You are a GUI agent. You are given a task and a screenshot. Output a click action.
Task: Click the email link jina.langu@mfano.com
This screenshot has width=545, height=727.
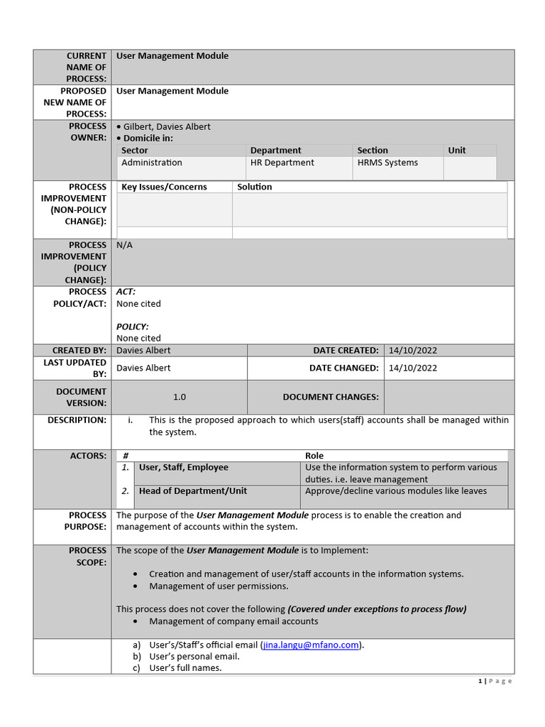click(x=311, y=645)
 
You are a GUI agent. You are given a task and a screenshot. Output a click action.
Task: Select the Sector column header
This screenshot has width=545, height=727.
click(x=135, y=151)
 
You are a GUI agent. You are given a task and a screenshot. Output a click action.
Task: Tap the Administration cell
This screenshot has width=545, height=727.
click(x=152, y=163)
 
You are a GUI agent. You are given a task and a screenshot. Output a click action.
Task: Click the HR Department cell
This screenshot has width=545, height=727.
click(x=282, y=163)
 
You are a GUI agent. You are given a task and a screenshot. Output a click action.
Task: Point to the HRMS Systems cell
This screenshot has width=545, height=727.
click(x=387, y=163)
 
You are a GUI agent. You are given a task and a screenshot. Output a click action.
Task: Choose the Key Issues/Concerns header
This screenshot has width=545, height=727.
click(x=165, y=187)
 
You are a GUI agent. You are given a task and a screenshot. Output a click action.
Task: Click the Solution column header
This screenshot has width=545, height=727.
click(x=255, y=187)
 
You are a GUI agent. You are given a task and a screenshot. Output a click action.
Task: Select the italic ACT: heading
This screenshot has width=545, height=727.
click(x=126, y=292)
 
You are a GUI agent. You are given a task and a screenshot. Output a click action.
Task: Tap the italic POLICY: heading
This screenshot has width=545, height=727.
click(x=133, y=327)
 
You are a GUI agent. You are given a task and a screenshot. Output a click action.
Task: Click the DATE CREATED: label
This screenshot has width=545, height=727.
click(x=346, y=350)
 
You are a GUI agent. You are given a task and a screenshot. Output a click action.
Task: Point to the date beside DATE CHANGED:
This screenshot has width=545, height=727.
click(x=412, y=368)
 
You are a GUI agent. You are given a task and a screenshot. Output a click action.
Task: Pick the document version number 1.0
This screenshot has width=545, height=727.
click(x=180, y=397)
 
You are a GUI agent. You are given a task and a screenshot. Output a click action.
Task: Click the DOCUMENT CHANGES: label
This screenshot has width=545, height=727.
click(x=331, y=397)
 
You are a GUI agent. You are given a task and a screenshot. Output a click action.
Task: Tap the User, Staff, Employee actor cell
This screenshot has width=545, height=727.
click(x=184, y=467)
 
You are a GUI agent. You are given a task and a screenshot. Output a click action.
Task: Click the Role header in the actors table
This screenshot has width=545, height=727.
click(x=314, y=456)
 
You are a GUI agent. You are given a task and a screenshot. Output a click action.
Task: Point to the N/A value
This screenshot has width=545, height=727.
click(x=124, y=245)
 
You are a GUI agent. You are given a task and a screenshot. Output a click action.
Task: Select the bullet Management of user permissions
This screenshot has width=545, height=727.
click(x=219, y=586)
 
